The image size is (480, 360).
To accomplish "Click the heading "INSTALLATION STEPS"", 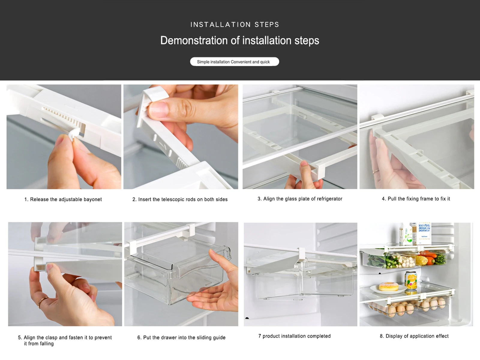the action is click(235, 25).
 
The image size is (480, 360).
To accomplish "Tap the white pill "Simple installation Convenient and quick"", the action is click(234, 62).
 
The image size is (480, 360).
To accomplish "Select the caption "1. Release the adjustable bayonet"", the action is click(63, 199).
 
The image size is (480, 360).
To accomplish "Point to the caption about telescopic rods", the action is click(180, 199).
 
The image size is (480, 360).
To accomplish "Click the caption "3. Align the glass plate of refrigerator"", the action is click(300, 199).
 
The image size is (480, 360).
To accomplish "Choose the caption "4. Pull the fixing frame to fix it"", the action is click(416, 199).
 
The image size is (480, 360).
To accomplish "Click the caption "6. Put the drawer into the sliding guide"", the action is click(181, 337).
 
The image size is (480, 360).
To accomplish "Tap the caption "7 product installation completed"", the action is click(294, 336).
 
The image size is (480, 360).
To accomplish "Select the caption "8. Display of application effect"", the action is click(414, 336).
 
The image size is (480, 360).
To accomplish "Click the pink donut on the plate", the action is click(388, 286).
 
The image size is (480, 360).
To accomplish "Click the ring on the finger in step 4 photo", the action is click(376, 171).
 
